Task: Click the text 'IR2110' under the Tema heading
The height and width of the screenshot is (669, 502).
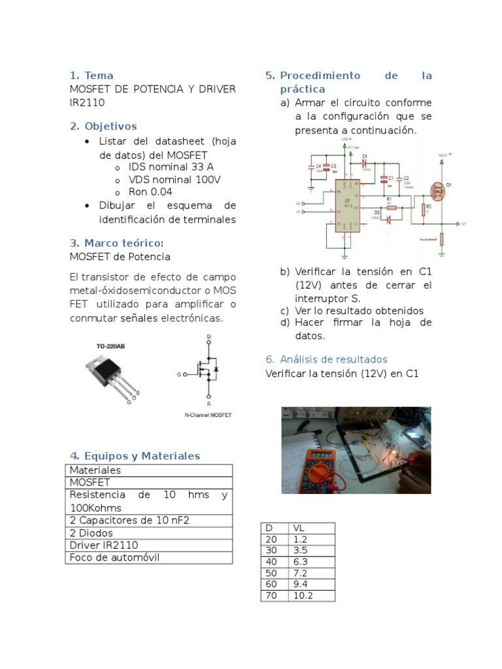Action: coord(87,103)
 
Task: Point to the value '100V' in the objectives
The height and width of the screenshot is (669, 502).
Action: coord(208,180)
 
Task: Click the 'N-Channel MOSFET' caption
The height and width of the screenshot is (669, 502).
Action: coord(207,415)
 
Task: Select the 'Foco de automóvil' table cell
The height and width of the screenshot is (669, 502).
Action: coord(114,557)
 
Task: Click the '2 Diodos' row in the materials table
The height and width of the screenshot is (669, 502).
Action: coord(92,532)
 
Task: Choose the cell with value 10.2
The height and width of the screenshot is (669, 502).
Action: coord(303,596)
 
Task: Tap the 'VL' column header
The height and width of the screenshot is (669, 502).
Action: coord(299,528)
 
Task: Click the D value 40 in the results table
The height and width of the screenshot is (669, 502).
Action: coord(272,561)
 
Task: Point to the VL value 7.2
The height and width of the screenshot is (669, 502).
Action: coord(300,573)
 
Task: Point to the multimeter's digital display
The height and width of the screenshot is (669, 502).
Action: coord(321,454)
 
